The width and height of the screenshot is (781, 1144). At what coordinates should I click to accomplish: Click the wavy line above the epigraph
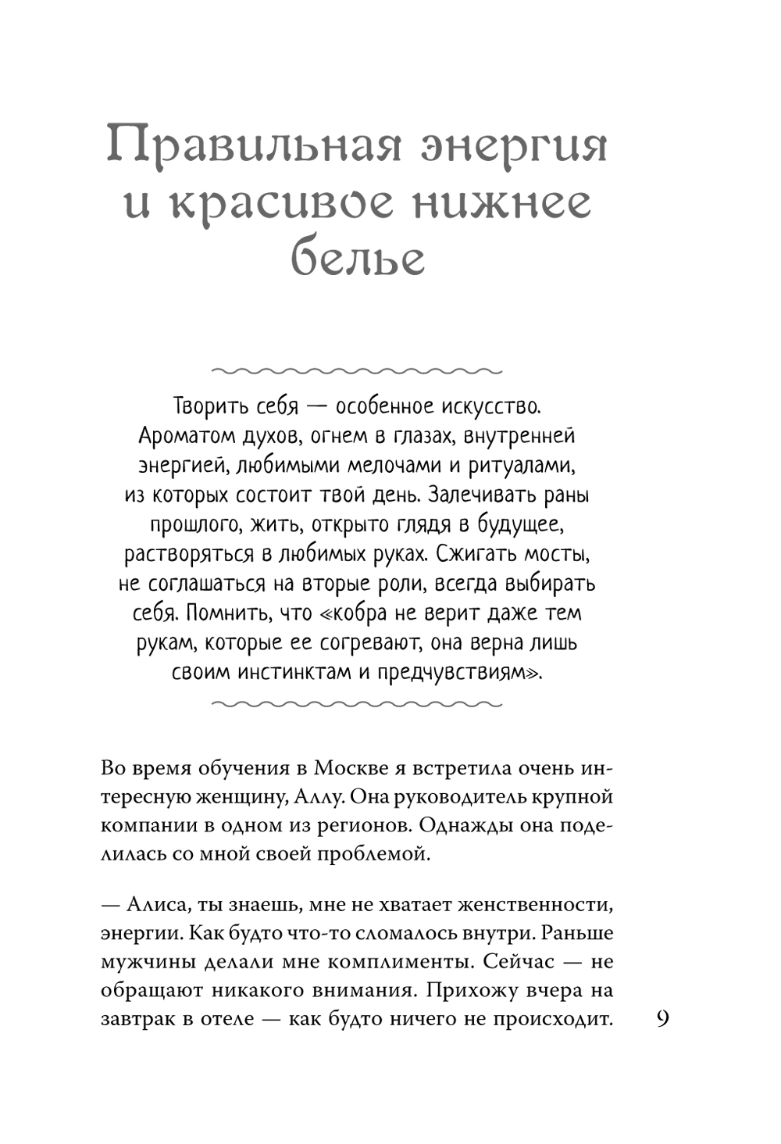coord(357,370)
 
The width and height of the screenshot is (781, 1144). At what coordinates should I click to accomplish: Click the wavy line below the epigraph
coord(357,704)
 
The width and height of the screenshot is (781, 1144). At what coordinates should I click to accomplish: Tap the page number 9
coord(662,1019)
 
